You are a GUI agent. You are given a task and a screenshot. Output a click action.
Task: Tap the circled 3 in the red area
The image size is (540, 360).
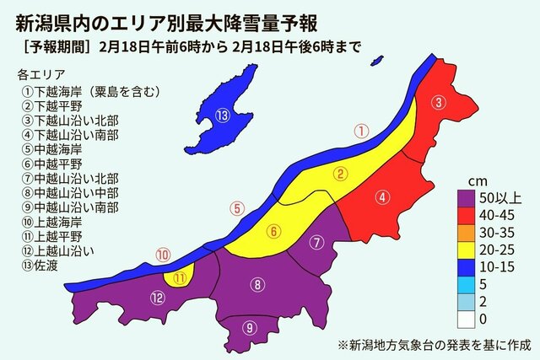(439, 103)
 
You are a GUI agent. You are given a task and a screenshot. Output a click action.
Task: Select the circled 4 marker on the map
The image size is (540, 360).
(382, 198)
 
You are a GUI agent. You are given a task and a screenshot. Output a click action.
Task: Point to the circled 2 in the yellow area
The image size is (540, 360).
(340, 175)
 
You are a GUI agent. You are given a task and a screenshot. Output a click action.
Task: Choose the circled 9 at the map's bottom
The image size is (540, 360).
(248, 328)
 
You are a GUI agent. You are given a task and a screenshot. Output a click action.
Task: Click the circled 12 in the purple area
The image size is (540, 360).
(158, 296)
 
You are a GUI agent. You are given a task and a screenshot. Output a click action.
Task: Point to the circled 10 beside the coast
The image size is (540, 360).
(163, 254)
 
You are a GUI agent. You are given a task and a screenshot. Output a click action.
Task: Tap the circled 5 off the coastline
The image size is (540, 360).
(238, 207)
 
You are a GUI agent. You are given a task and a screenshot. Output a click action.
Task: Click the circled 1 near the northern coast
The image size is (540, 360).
(360, 131)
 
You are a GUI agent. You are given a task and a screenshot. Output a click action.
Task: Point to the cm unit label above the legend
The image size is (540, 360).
(477, 182)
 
